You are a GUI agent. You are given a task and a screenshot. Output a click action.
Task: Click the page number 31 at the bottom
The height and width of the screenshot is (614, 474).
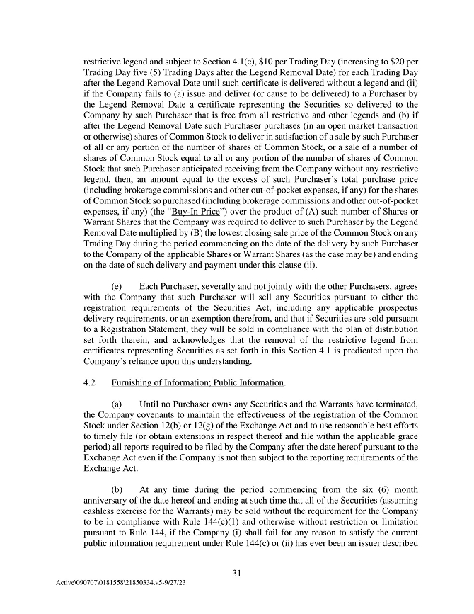(237, 574)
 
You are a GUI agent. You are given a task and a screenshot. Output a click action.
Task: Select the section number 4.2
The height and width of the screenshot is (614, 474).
(89, 383)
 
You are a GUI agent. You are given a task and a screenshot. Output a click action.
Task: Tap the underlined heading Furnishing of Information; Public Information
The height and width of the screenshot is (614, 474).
(197, 383)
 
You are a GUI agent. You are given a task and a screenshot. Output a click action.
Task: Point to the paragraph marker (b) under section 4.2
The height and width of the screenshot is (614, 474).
(119, 489)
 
